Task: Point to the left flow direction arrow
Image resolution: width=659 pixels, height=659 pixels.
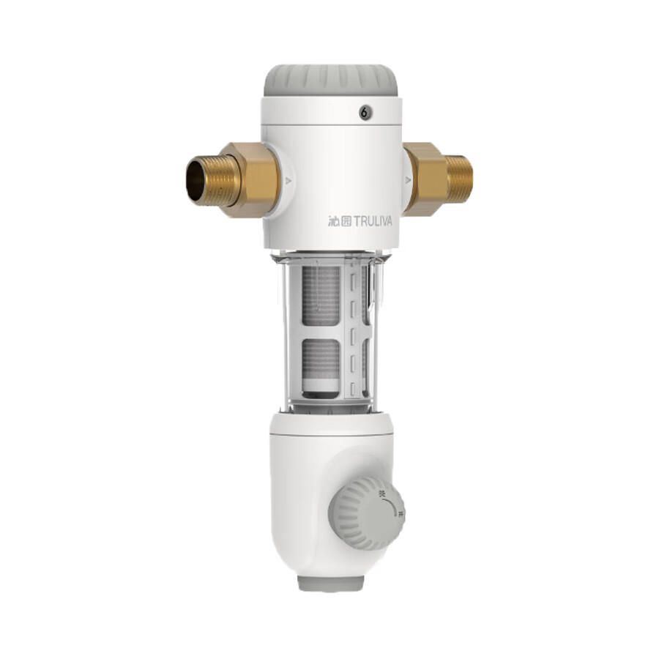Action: click(x=288, y=180)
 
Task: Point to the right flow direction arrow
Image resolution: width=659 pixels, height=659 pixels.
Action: click(x=408, y=180)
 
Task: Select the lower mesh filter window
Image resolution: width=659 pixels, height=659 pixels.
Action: click(x=321, y=363)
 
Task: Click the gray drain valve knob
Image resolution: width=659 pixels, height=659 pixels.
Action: click(x=366, y=513)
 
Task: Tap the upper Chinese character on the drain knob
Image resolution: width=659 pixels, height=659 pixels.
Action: click(x=381, y=495)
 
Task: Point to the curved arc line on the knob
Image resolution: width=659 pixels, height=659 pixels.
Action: click(x=392, y=502)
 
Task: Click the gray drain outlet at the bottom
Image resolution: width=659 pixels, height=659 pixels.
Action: click(x=330, y=583)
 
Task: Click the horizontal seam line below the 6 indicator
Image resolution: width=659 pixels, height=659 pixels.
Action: click(x=331, y=125)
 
